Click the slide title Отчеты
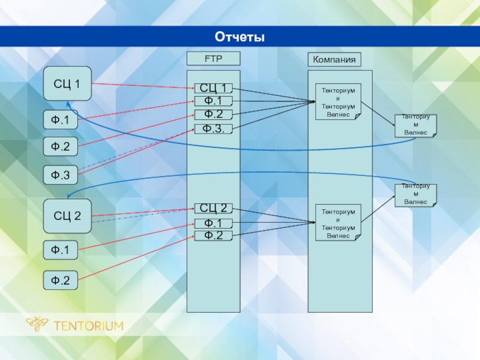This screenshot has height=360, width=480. tap(240, 37)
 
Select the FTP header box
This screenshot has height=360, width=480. tap(213, 59)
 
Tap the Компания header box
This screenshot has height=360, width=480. tap(335, 59)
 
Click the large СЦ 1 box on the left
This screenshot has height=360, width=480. tap(67, 83)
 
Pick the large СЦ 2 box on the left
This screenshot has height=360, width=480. tap(67, 216)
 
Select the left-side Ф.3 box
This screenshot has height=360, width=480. tap(60, 175)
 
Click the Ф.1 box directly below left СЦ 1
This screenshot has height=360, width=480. tap(60, 120)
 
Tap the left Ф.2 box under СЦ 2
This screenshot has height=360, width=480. tap(60, 280)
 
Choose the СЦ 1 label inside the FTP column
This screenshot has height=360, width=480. tap(213, 89)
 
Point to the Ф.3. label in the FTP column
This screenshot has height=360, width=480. tap(213, 128)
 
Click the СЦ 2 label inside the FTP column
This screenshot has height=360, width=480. tap(213, 208)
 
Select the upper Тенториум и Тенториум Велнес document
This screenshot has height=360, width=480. tap(338, 101)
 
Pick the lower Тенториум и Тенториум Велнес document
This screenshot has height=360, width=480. tap(338, 223)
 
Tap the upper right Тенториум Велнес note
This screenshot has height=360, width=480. tap(415, 125)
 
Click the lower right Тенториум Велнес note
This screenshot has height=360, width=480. tap(415, 195)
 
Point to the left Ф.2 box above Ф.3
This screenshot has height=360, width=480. tap(60, 146)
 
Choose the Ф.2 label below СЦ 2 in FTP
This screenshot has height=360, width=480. tap(213, 235)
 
